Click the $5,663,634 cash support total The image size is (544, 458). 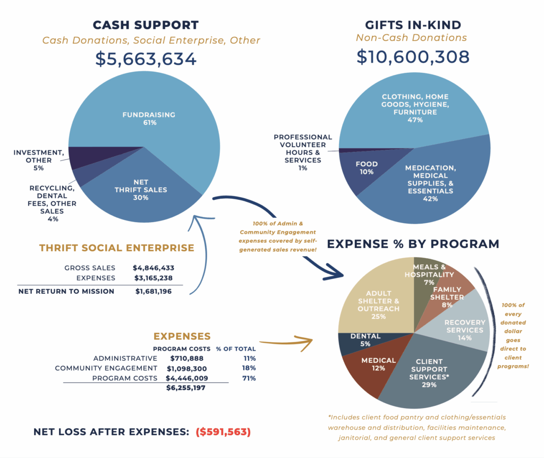pyautogui.click(x=146, y=58)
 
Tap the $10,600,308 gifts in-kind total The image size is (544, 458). pyautogui.click(x=413, y=56)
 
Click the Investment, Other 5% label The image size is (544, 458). pyautogui.click(x=33, y=160)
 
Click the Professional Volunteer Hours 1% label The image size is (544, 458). pyautogui.click(x=303, y=152)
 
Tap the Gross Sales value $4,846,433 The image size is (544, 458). pyautogui.click(x=154, y=268)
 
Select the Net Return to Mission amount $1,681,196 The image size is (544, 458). pyautogui.click(x=154, y=291)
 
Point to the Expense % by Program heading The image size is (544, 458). pyautogui.click(x=413, y=244)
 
